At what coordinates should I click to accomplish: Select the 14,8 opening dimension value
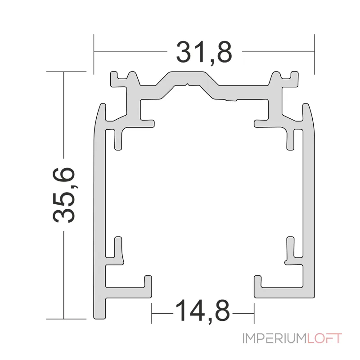(202, 310)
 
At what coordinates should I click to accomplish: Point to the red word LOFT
(324, 338)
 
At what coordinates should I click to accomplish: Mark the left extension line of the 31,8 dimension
(94, 54)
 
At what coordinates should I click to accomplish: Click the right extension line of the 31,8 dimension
(314, 54)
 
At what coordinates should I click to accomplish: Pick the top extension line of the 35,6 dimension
(67, 72)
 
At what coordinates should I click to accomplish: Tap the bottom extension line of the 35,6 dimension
(67, 318)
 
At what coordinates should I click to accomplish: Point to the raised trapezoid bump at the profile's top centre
(187, 79)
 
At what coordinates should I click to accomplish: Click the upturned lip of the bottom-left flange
(147, 281)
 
